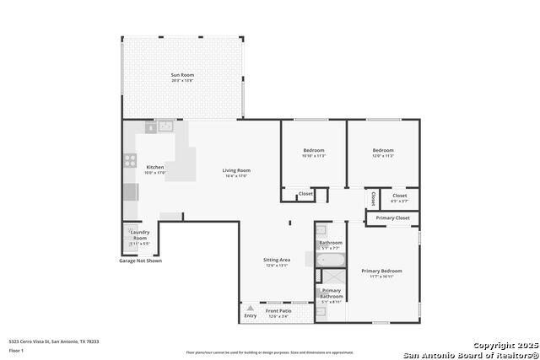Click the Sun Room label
pyautogui.click(x=182, y=76)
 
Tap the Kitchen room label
pyautogui.click(x=155, y=168)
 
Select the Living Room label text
pyautogui.click(x=236, y=171)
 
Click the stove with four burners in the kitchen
pyautogui.click(x=131, y=159)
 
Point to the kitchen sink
pyautogui.click(x=166, y=127)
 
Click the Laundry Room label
pyautogui.click(x=139, y=235)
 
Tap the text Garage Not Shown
pyautogui.click(x=140, y=261)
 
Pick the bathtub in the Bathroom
pyautogui.click(x=330, y=261)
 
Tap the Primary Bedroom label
pyautogui.click(x=381, y=271)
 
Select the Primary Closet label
pyautogui.click(x=392, y=218)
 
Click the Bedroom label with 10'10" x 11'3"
pyautogui.click(x=313, y=151)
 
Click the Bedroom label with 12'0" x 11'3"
pyautogui.click(x=383, y=151)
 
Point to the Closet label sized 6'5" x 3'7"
pyautogui.click(x=398, y=196)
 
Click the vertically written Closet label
pyautogui.click(x=373, y=198)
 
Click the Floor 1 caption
pyautogui.click(x=16, y=350)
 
